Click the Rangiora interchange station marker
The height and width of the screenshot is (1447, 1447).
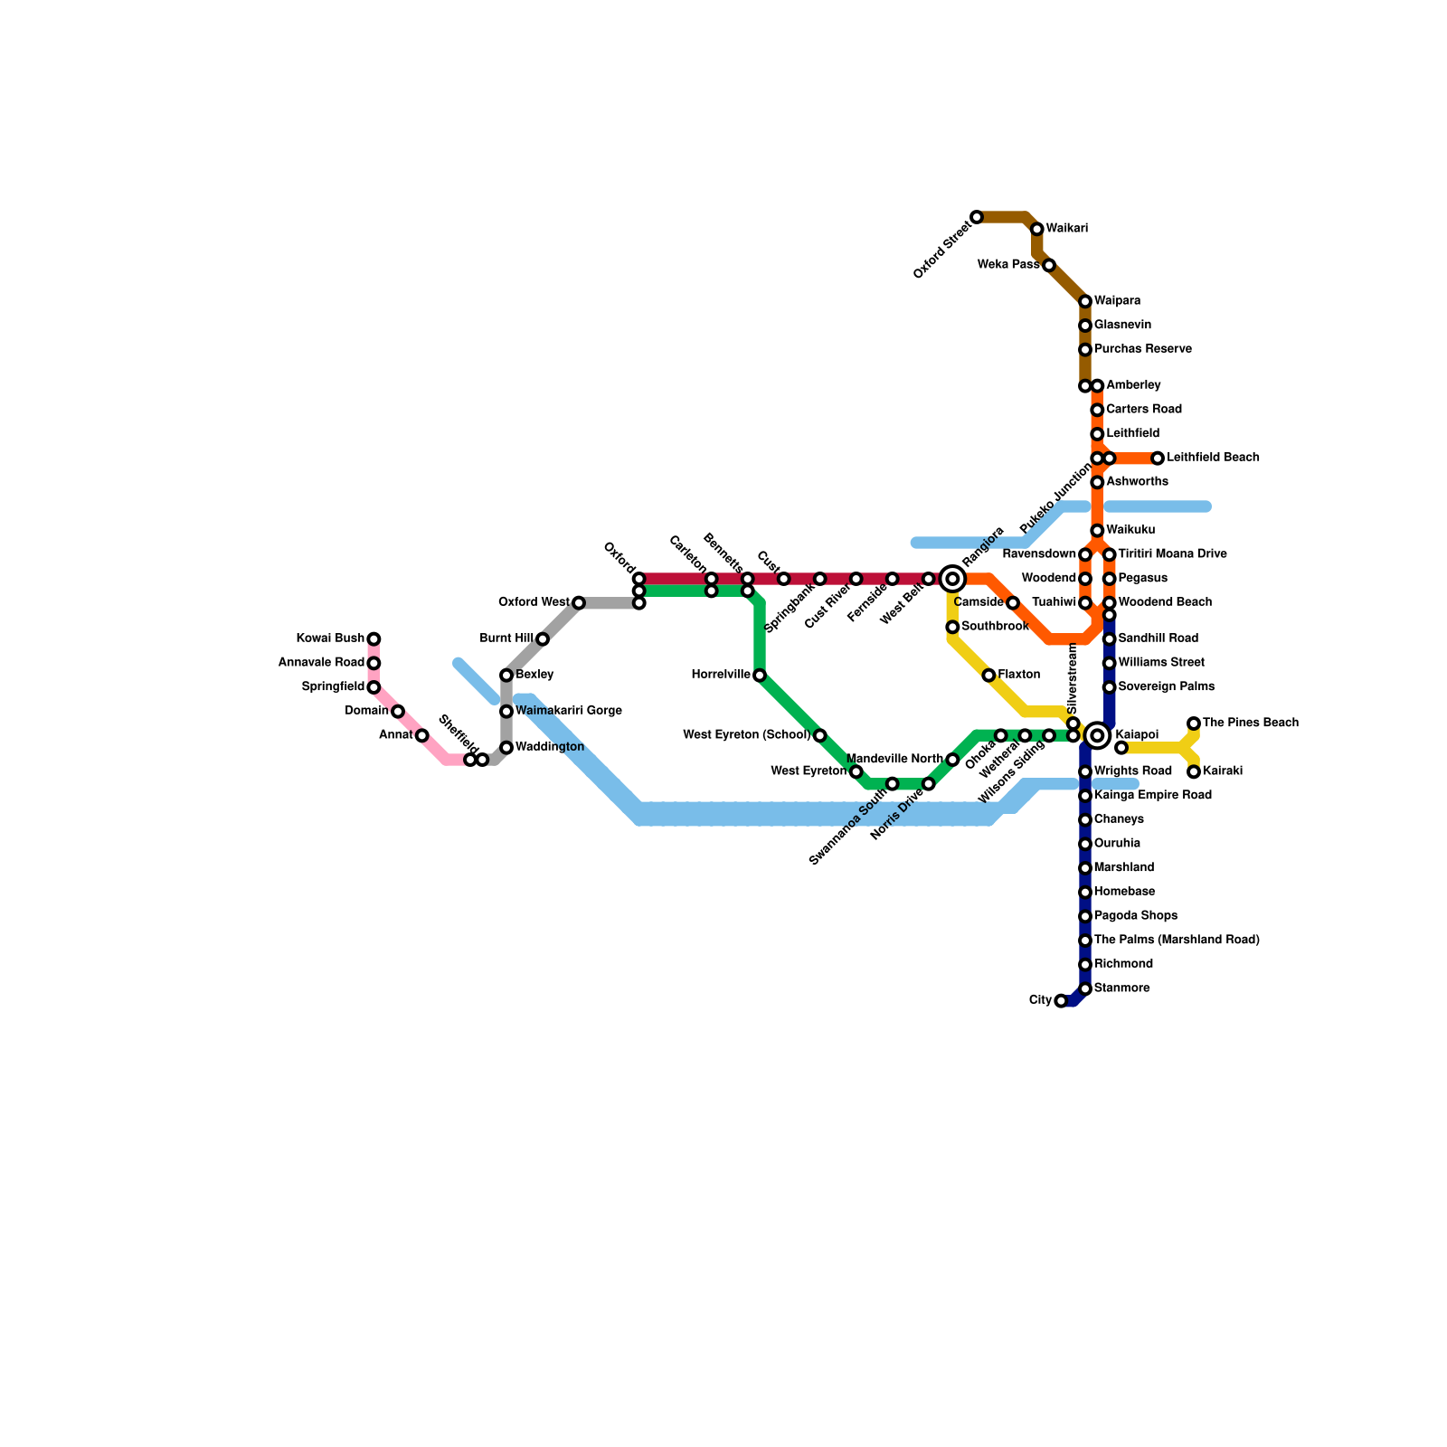952,579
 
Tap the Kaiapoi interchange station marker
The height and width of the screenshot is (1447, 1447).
1097,736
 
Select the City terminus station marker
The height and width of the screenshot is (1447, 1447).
1061,1001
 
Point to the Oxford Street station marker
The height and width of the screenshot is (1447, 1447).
977,217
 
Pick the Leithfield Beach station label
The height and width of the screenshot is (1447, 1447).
1213,459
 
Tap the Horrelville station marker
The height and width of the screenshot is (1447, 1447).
760,676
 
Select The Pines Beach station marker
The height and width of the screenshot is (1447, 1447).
1194,723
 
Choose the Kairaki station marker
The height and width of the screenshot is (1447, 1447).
1194,772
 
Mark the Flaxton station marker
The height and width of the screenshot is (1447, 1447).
988,676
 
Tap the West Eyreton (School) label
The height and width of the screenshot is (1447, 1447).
746,735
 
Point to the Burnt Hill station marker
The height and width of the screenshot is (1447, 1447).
543,639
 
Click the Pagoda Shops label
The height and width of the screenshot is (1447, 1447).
1136,916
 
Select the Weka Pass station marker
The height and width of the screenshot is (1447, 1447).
1049,266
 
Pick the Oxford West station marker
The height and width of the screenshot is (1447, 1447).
579,603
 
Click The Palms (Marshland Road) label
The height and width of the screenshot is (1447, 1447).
1177,941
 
